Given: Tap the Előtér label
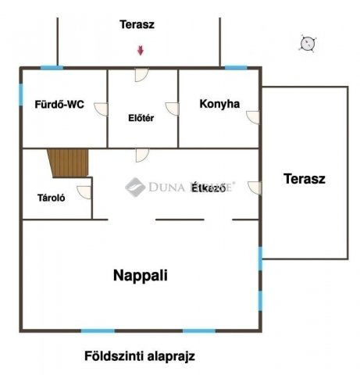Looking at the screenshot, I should pyautogui.click(x=141, y=119).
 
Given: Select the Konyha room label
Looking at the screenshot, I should pyautogui.click(x=219, y=103).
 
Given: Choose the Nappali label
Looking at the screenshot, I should pyautogui.click(x=141, y=275).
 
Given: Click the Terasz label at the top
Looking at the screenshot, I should pyautogui.click(x=137, y=24).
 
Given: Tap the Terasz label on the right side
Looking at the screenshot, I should pyautogui.click(x=305, y=178).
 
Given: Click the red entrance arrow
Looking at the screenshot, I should pyautogui.click(x=141, y=51).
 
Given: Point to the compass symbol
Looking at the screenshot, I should pyautogui.click(x=308, y=43).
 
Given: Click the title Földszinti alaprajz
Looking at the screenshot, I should pyautogui.click(x=139, y=356).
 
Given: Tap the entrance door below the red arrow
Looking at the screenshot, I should pyautogui.click(x=141, y=74).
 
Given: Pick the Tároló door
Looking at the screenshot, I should pyautogui.click(x=84, y=192).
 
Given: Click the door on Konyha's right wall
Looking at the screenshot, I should pyautogui.click(x=253, y=116).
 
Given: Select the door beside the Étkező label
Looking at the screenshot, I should pyautogui.click(x=255, y=187).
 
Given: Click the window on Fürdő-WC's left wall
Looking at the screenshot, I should pyautogui.click(x=22, y=93).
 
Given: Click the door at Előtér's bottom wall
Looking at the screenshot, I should pyautogui.click(x=141, y=154).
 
